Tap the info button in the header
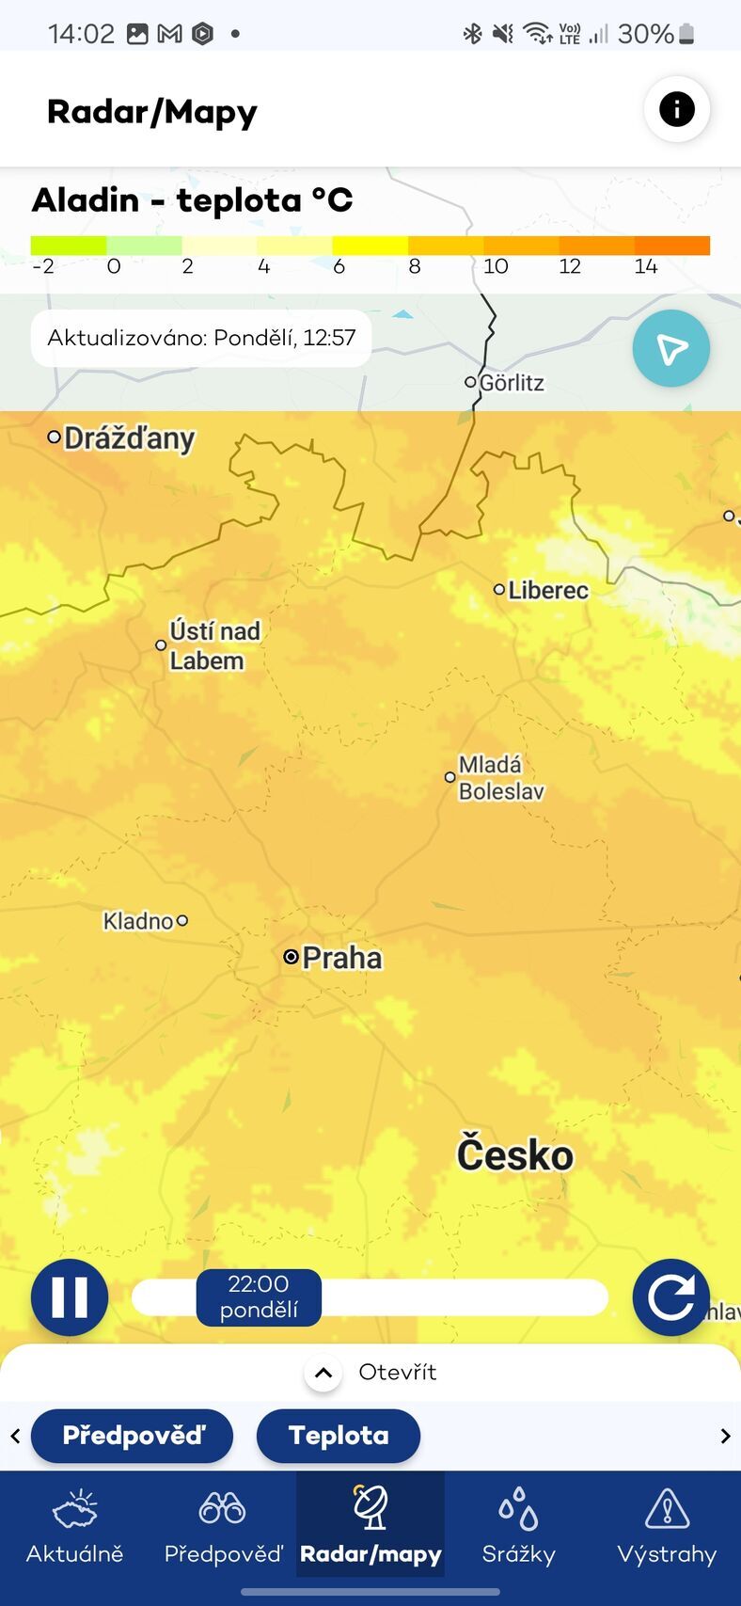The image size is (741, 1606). pyautogui.click(x=676, y=109)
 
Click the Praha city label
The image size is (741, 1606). pyautogui.click(x=341, y=958)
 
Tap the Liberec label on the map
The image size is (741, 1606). pyautogui.click(x=547, y=590)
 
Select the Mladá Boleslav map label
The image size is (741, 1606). pyautogui.click(x=500, y=778)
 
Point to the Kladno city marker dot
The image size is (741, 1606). pyautogui.click(x=182, y=920)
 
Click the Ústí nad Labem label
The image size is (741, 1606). pyautogui.click(x=213, y=645)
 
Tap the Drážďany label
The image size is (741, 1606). pyautogui.click(x=129, y=438)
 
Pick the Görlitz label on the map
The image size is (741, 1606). pyautogui.click(x=512, y=383)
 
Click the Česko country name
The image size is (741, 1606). pyautogui.click(x=514, y=1155)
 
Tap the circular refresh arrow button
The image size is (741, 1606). pyautogui.click(x=670, y=1297)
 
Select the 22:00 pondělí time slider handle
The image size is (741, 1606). pyautogui.click(x=259, y=1297)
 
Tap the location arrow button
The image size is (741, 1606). pyautogui.click(x=670, y=349)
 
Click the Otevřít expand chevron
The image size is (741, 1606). pyautogui.click(x=323, y=1373)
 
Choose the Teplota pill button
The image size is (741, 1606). pyautogui.click(x=338, y=1436)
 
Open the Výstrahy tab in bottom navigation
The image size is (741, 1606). pyautogui.click(x=667, y=1525)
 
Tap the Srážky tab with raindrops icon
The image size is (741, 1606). pyautogui.click(x=518, y=1525)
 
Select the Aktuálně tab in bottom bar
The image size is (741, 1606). pyautogui.click(x=74, y=1525)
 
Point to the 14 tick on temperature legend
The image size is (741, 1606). pyautogui.click(x=645, y=266)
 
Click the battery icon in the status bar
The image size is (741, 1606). pyautogui.click(x=686, y=34)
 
